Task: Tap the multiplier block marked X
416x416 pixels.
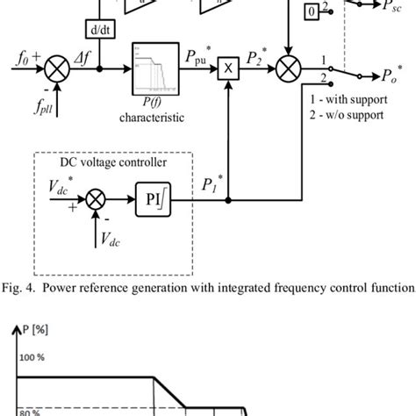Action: [228, 68]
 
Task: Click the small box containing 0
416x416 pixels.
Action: [312, 11]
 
